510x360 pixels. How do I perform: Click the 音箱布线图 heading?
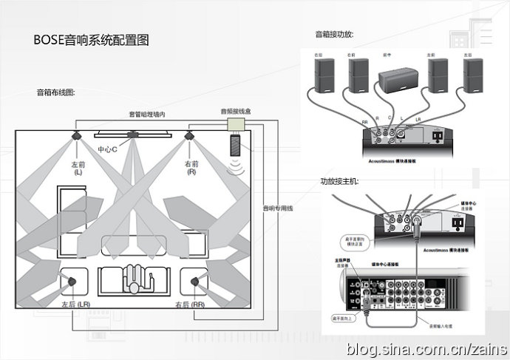(x=56, y=93)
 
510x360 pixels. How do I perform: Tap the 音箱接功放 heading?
(x=334, y=34)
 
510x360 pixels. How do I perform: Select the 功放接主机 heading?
(x=339, y=181)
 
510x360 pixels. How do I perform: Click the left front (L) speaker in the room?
(x=78, y=136)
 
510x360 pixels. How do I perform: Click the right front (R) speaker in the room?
(x=190, y=136)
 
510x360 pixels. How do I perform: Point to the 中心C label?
(x=108, y=149)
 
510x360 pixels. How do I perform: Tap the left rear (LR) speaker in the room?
(x=72, y=281)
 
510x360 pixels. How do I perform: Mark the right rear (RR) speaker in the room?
(x=196, y=281)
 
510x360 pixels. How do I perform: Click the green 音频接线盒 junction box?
(x=237, y=123)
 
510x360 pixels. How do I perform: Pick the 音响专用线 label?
(x=279, y=208)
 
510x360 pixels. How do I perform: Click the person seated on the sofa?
(x=134, y=276)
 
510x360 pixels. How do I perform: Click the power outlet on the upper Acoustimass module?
(x=437, y=136)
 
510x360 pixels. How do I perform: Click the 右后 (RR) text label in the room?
(x=190, y=305)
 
